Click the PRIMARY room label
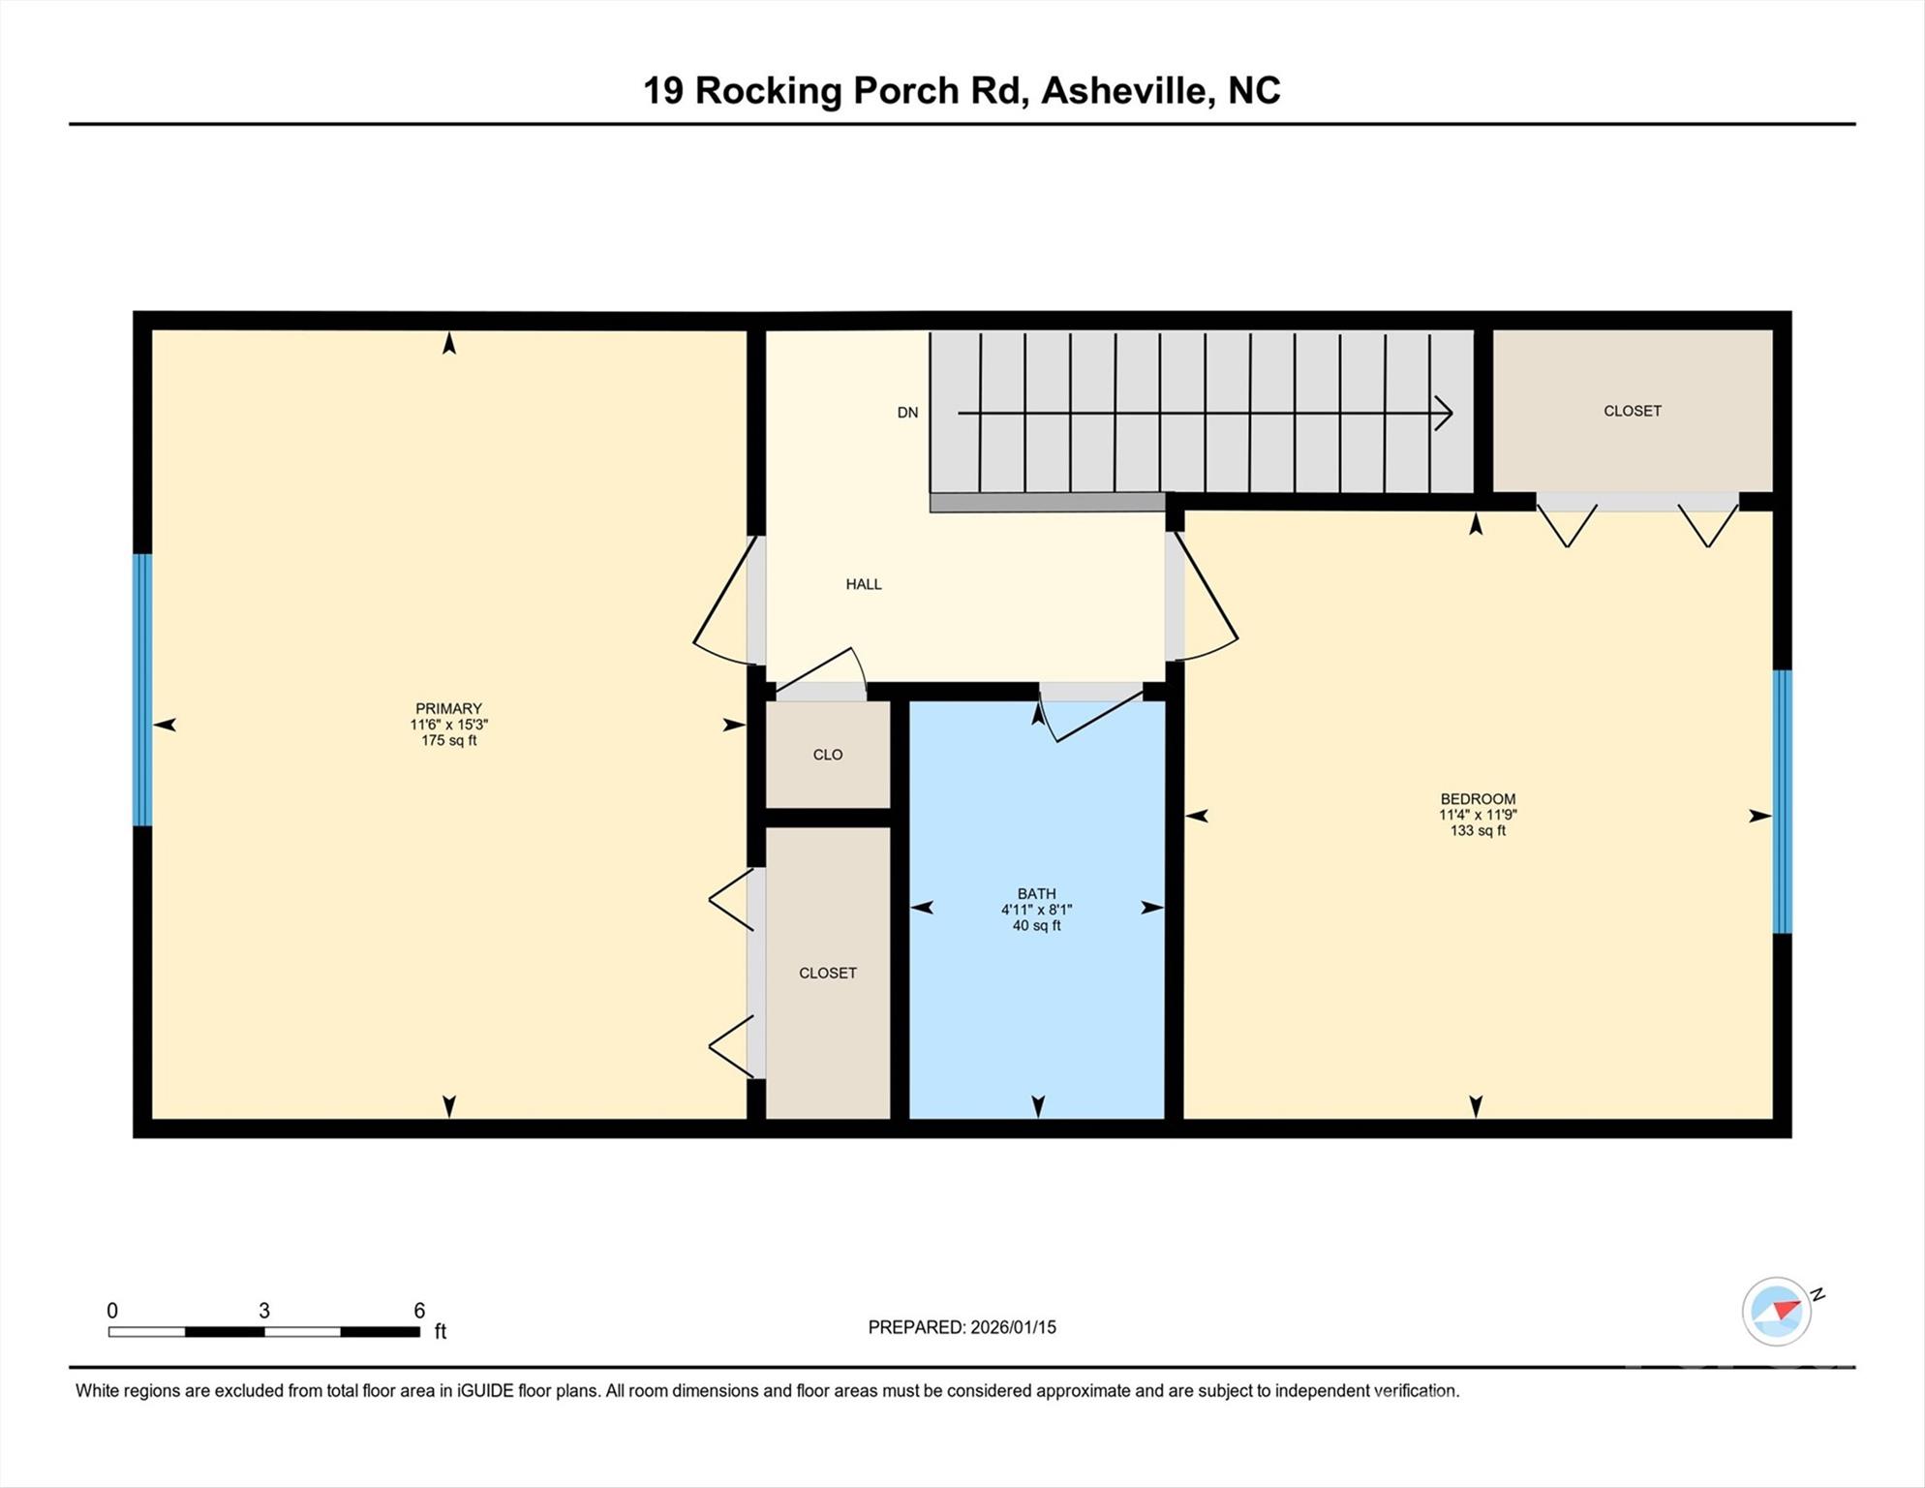click(448, 708)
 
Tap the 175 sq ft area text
click(448, 741)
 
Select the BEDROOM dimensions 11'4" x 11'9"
click(1477, 816)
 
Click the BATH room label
click(1036, 893)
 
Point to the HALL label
click(863, 584)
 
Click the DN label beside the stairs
click(906, 413)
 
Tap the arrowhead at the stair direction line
click(1445, 413)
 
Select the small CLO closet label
click(827, 755)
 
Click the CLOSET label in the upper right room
click(1632, 411)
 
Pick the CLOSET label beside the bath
click(827, 973)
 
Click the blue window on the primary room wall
click(142, 690)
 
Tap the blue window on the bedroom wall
click(1782, 801)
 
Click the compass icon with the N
click(1776, 1311)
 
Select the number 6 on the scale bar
click(419, 1311)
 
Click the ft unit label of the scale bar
click(441, 1332)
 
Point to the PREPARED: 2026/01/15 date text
click(961, 1327)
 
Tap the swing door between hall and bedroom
click(1204, 601)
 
